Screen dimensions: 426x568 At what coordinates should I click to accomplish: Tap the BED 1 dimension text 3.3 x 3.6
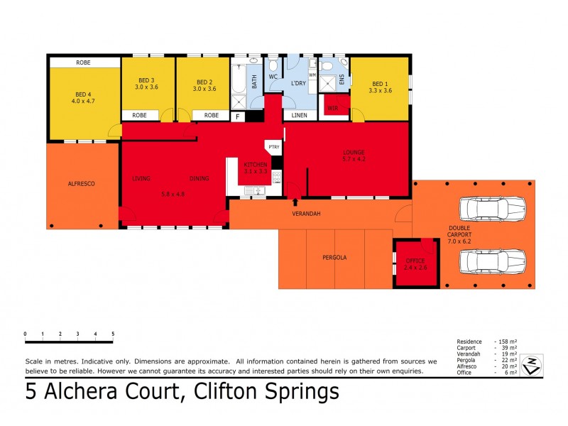[x=380, y=90]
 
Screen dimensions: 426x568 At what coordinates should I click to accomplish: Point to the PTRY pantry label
[x=274, y=146]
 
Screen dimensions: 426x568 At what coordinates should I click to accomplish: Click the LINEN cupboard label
[x=300, y=115]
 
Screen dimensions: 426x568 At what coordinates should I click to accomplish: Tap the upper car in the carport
[x=492, y=209]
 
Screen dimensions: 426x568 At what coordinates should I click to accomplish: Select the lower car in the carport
[x=492, y=261]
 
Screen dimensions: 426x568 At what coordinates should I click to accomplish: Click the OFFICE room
[x=415, y=264]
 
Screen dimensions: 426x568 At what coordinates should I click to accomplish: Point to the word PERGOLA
[x=334, y=258]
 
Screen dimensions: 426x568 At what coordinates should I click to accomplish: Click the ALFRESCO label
[x=82, y=183]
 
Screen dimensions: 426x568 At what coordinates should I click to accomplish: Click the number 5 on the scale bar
[x=112, y=333]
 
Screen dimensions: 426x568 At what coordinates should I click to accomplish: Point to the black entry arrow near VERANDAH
[x=295, y=202]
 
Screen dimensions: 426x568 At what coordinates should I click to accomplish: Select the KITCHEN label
[x=255, y=164]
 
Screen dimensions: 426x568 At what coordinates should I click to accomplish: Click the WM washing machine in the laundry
[x=312, y=75]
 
